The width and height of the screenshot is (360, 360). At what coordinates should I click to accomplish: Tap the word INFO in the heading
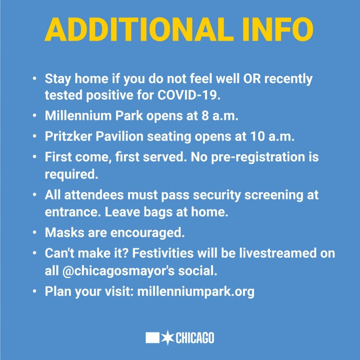278,30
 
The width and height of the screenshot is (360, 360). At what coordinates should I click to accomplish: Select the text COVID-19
189,95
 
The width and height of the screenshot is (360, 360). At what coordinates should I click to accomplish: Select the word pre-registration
258,157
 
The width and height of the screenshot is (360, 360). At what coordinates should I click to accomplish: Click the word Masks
65,232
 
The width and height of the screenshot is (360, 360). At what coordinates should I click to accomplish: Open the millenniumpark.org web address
196,291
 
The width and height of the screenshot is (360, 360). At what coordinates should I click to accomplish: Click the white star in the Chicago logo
168,337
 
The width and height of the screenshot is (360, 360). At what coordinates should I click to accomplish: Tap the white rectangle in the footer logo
153,338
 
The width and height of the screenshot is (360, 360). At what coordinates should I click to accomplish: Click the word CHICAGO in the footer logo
195,338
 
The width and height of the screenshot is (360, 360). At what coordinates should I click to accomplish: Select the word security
217,195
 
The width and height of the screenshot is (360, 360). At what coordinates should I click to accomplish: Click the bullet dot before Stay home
34,79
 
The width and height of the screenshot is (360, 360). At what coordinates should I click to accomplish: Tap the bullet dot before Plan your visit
34,291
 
